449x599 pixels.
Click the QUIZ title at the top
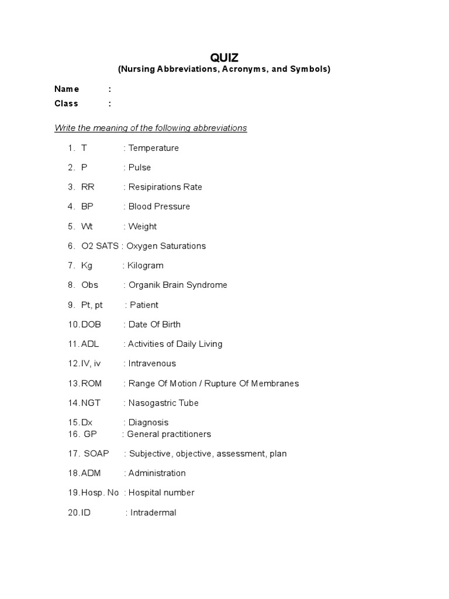click(x=224, y=57)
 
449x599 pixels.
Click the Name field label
click(x=67, y=89)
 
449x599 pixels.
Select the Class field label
click(x=66, y=104)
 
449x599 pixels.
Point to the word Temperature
click(x=154, y=148)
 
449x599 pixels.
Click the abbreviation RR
click(x=88, y=187)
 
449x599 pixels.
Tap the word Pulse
click(x=140, y=167)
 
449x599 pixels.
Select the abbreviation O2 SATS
click(x=100, y=246)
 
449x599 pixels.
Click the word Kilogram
click(x=146, y=266)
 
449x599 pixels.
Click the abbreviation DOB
click(x=90, y=324)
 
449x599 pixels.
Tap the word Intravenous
click(x=152, y=363)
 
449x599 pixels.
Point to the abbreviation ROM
click(x=92, y=383)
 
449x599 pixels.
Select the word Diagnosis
click(x=148, y=422)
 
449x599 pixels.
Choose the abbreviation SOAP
click(x=96, y=453)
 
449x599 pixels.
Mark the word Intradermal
click(x=153, y=513)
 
